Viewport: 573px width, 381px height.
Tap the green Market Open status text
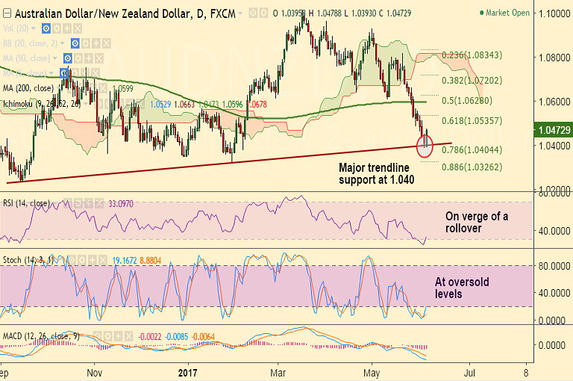tap(510, 13)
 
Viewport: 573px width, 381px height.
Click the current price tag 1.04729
tap(554, 130)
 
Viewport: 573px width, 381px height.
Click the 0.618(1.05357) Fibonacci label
tap(472, 120)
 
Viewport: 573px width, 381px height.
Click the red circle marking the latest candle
tap(426, 145)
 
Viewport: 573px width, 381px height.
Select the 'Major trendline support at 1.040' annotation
tap(375, 175)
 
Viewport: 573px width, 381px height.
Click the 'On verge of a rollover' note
tap(477, 222)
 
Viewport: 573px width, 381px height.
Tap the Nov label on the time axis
tap(94, 371)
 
